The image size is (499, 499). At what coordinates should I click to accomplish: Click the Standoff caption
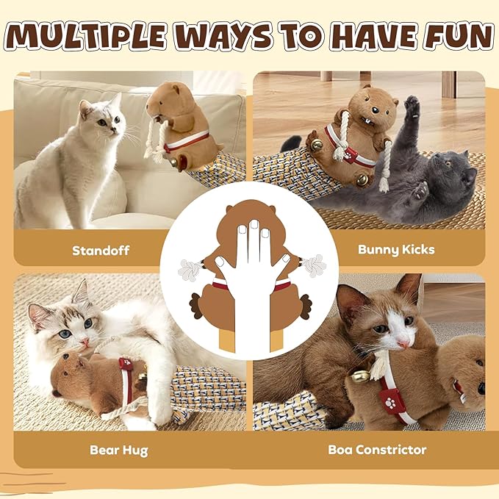pyautogui.click(x=101, y=250)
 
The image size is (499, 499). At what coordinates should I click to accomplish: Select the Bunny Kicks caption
pyautogui.click(x=396, y=250)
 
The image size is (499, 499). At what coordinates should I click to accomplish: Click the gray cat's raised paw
pyautogui.click(x=413, y=109)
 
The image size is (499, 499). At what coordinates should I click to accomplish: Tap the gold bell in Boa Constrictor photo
pyautogui.click(x=360, y=377)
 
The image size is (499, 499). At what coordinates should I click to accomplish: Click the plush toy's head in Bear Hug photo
pyautogui.click(x=72, y=370)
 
